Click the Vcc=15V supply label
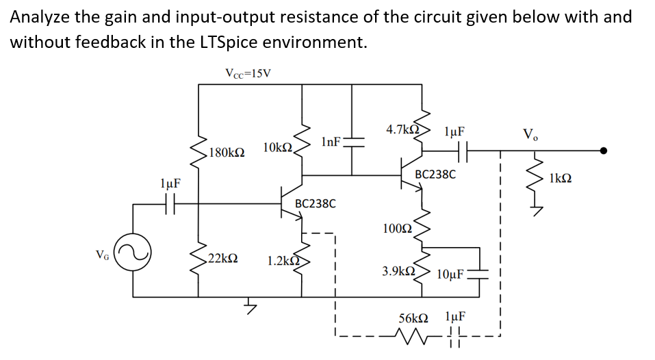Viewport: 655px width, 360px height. pyautogui.click(x=248, y=73)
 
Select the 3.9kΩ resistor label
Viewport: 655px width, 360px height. pyautogui.click(x=400, y=271)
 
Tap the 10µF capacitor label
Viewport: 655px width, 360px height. pyautogui.click(x=450, y=275)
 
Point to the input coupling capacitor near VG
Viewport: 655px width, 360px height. pyautogui.click(x=170, y=203)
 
